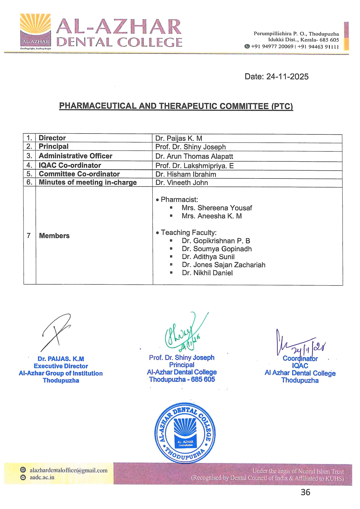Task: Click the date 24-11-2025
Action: [287, 77]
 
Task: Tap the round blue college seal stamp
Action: [185, 433]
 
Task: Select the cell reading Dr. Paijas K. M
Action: [179, 138]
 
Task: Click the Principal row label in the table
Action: [54, 147]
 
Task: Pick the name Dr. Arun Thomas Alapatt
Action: [194, 156]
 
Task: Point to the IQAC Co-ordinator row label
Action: [70, 165]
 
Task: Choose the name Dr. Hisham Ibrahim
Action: [186, 174]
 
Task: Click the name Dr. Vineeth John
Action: [182, 183]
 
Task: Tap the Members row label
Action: [54, 236]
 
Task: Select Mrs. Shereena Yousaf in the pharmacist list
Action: [217, 208]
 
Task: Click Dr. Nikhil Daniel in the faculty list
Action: [207, 273]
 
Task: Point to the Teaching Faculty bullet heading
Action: [189, 232]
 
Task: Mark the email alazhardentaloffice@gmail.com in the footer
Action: [69, 470]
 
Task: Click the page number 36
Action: [305, 492]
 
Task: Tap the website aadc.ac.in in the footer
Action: [42, 477]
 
